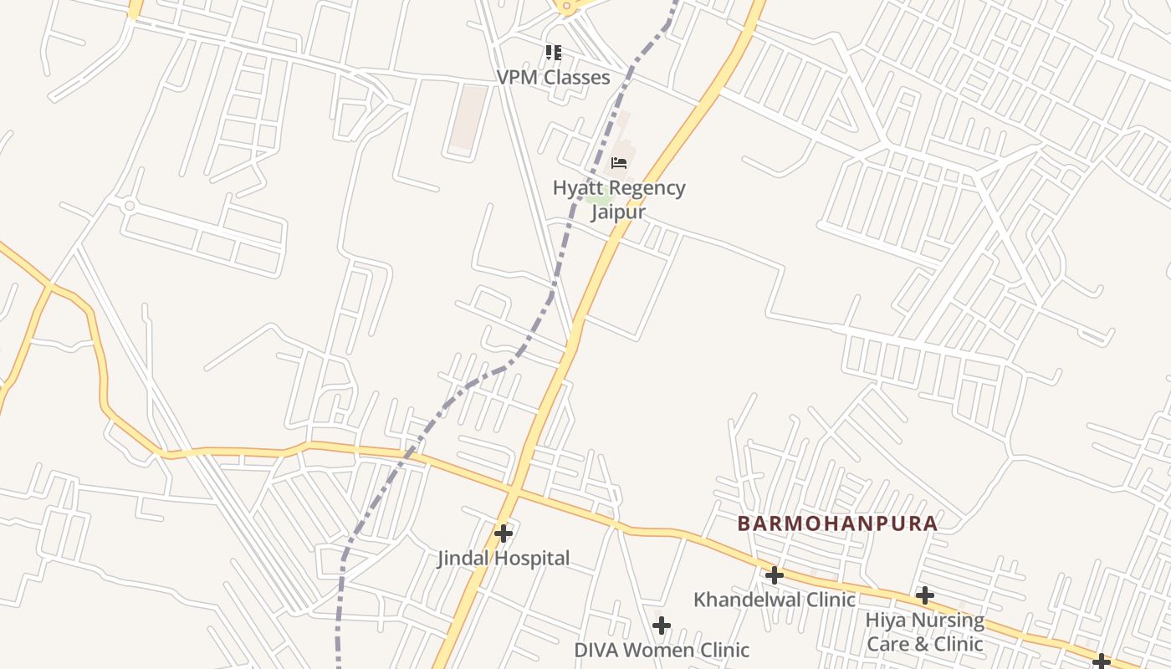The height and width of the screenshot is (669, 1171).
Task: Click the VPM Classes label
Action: (553, 77)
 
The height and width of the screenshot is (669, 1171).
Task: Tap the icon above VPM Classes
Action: (553, 53)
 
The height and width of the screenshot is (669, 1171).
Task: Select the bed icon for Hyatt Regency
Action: (619, 162)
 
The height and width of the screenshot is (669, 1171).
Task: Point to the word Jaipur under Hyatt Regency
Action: (618, 212)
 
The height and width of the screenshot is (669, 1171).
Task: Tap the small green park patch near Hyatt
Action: (596, 200)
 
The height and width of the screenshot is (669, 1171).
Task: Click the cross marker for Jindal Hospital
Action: (503, 533)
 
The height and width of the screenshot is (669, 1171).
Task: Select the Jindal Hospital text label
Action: (504, 558)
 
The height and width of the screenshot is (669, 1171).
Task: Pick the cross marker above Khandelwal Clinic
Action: (774, 575)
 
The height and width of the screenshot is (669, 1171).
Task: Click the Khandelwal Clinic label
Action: (774, 600)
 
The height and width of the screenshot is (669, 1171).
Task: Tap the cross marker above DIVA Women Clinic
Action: (661, 625)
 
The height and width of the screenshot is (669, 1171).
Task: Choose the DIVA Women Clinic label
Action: (661, 650)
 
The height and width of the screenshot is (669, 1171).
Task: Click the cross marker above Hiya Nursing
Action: (924, 595)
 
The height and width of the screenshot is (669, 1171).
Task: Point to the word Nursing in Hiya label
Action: (948, 620)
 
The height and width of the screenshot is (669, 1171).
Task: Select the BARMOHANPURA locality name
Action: (836, 524)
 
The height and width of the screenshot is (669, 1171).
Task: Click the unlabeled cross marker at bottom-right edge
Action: (1101, 661)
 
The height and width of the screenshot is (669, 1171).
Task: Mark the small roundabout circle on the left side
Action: (129, 205)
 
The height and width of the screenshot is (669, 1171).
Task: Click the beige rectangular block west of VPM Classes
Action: (468, 117)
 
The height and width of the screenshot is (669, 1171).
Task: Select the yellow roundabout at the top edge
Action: (568, 7)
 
